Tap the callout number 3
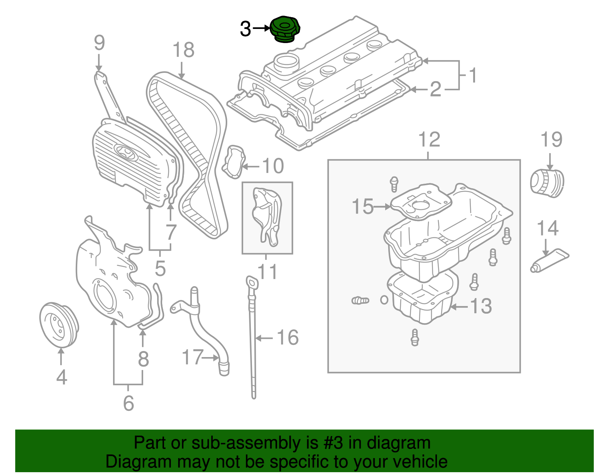tap(246, 29)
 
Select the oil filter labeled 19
tap(547, 184)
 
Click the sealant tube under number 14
tap(549, 262)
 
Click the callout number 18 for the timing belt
tap(183, 50)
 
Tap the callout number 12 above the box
tap(429, 139)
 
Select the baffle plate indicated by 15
tap(421, 202)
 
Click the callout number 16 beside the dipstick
tap(287, 338)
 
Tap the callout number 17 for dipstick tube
tap(193, 357)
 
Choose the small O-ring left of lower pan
tap(384, 300)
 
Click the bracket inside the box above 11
tap(267, 216)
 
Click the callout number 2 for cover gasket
tap(435, 89)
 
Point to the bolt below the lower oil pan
tap(415, 337)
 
